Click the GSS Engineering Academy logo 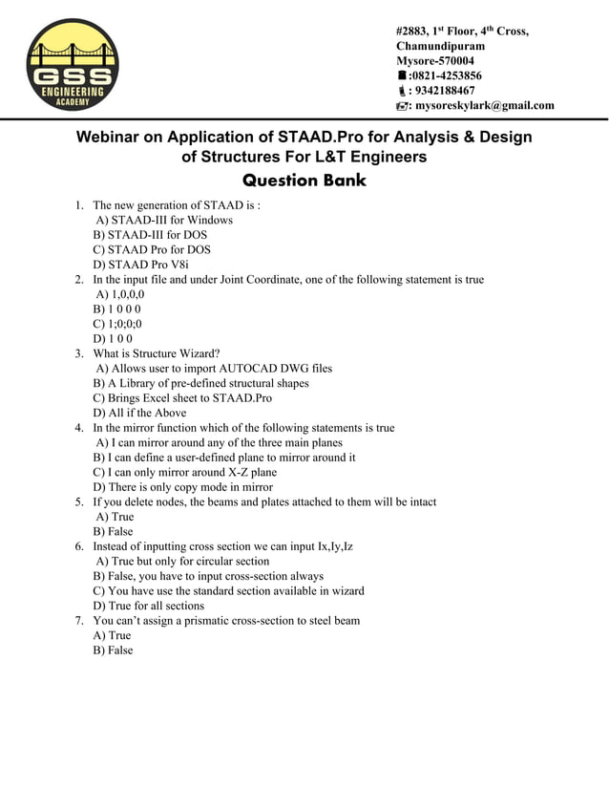(73, 65)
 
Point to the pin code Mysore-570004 (434, 60)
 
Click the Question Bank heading (304, 180)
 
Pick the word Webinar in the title (106, 137)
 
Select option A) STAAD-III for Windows (164, 220)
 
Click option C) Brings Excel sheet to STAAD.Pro (182, 398)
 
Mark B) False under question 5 (113, 531)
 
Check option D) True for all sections (148, 606)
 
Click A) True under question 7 (112, 635)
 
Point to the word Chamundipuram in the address (440, 46)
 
